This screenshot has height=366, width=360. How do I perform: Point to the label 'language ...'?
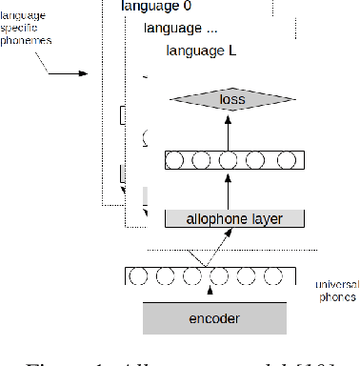coord(186,29)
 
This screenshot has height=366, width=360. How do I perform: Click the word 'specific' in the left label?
coord(29,30)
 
